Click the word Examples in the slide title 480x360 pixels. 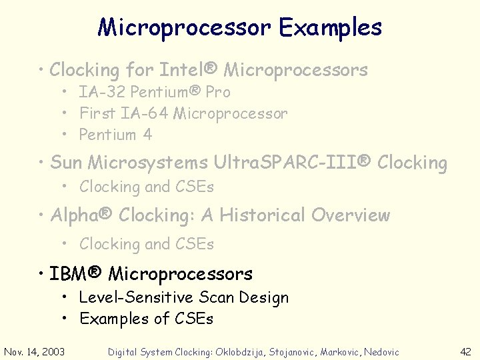click(331, 27)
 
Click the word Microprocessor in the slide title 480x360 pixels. click(185, 27)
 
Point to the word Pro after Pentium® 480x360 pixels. click(217, 92)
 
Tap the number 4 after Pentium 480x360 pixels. click(147, 135)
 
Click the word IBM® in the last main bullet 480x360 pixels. click(76, 273)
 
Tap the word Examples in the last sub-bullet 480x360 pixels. click(114, 319)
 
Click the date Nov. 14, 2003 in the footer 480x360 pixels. click(35, 351)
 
